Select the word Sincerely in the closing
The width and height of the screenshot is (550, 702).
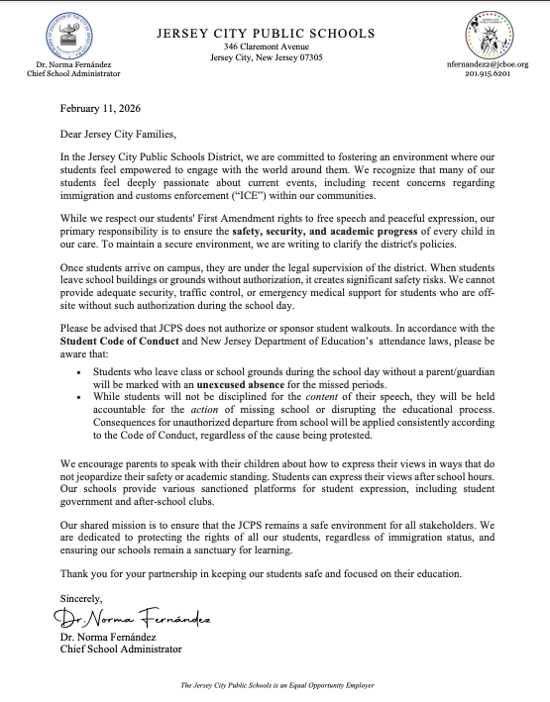(81, 598)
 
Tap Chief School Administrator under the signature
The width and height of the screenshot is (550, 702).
(121, 650)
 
